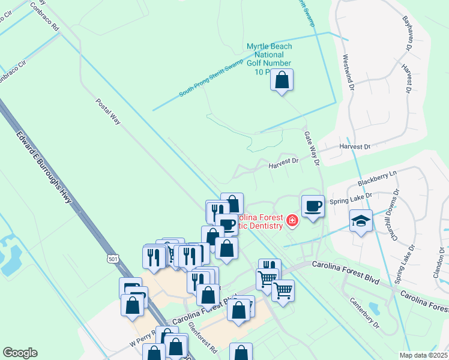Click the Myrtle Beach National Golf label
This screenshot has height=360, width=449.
point(270,59)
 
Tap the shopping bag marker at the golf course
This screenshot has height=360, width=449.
point(282,80)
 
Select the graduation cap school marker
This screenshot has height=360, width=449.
point(361,221)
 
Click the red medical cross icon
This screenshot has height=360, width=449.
point(292,221)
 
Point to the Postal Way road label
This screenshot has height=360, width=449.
point(108,112)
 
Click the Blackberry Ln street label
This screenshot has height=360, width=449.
point(377,178)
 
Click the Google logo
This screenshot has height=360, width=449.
point(20,353)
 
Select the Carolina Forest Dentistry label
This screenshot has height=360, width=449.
point(259,221)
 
